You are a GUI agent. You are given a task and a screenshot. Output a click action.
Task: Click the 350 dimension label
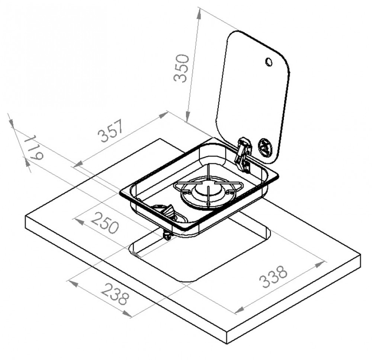point(181,69)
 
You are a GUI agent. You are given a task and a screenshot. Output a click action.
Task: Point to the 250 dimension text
point(105,223)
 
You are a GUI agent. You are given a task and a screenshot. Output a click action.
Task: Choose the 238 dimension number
point(115,294)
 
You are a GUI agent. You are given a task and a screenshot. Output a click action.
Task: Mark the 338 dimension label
point(273,277)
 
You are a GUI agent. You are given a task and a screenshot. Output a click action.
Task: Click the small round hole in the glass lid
point(269,61)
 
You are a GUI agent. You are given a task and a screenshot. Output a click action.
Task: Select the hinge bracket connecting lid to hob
point(243,153)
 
